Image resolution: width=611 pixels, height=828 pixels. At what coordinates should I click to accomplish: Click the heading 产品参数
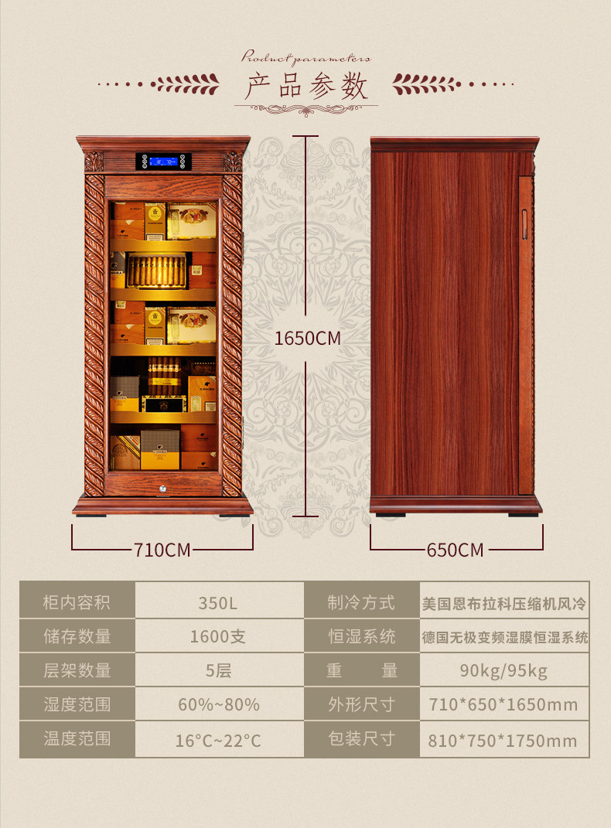pos(306,87)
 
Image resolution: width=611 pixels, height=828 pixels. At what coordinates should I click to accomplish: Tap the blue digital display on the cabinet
pos(162,162)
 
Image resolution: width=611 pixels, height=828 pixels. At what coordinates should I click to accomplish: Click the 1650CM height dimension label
pos(307,339)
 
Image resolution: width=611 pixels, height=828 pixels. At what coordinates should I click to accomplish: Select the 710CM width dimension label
pos(162,550)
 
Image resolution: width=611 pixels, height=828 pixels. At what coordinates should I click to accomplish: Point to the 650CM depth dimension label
pos(455,550)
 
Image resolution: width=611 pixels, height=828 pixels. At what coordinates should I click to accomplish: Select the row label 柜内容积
pos(77,602)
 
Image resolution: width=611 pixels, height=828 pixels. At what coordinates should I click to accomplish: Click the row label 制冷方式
pos(361,602)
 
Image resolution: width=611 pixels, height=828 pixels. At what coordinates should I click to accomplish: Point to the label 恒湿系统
pos(361,636)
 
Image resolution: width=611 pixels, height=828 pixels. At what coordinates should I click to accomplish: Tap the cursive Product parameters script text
pos(306,57)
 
